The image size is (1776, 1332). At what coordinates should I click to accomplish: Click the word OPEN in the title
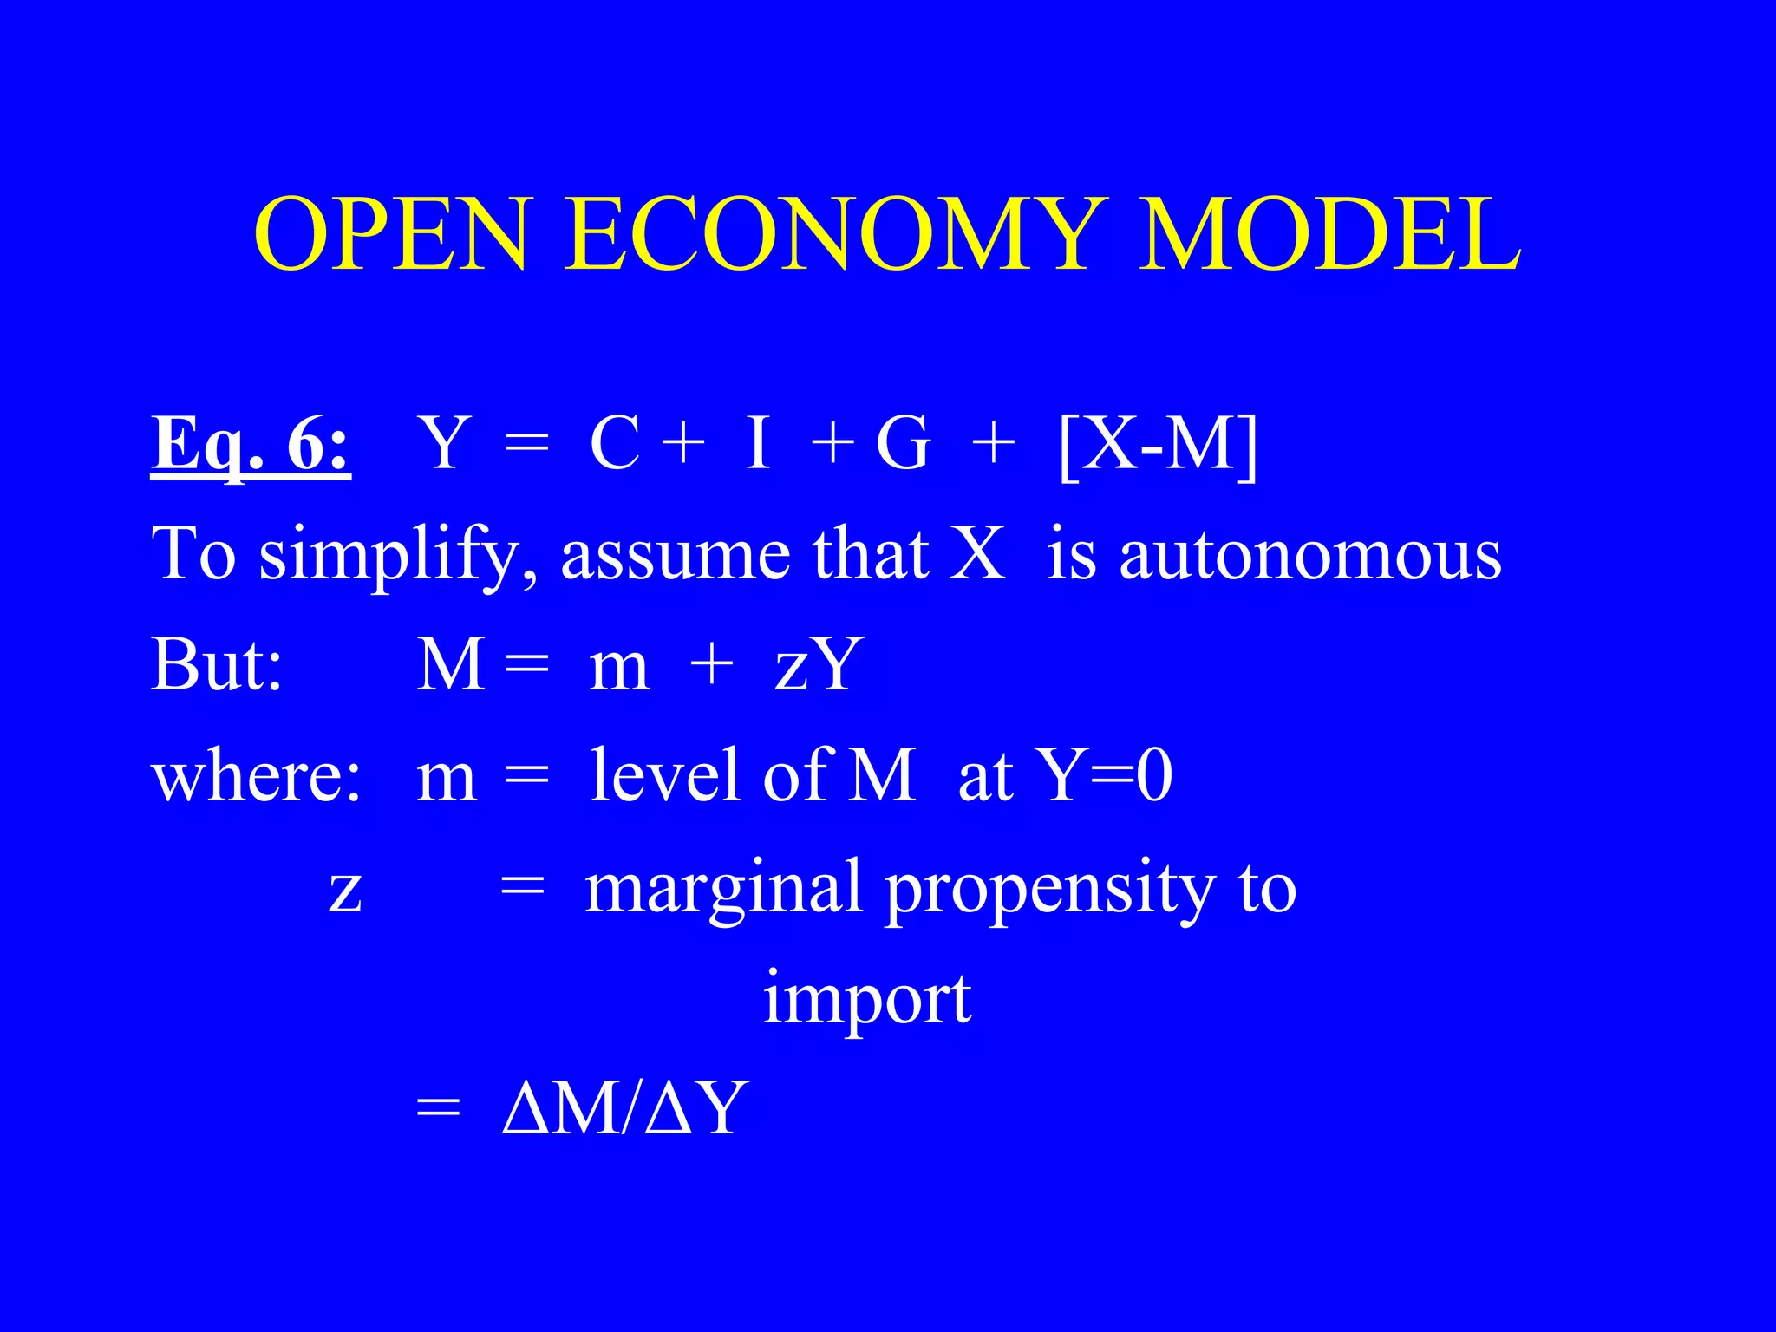tap(390, 236)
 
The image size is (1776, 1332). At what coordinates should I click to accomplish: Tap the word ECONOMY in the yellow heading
tap(832, 236)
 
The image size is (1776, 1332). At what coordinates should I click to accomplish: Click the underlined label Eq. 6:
tap(251, 444)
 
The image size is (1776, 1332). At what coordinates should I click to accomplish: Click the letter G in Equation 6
tap(903, 444)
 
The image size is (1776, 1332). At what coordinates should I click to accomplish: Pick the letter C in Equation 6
tap(615, 444)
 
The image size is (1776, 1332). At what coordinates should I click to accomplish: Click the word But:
tap(217, 666)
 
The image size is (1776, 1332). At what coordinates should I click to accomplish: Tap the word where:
tap(257, 776)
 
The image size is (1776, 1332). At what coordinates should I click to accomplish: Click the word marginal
tap(723, 888)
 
